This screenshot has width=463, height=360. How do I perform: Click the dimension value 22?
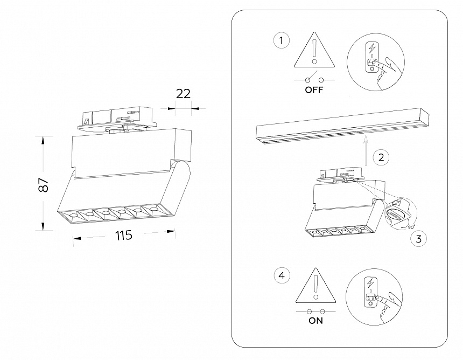pyautogui.click(x=184, y=93)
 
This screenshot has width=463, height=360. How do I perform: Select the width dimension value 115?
pyautogui.click(x=123, y=236)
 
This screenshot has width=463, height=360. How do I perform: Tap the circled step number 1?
pyautogui.click(x=281, y=40)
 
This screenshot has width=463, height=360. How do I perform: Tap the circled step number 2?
pyautogui.click(x=381, y=157)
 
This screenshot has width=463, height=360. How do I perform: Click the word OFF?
pyautogui.click(x=314, y=91)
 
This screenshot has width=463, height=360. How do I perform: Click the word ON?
pyautogui.click(x=315, y=321)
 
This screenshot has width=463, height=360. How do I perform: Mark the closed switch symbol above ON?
pyautogui.click(x=315, y=311)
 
